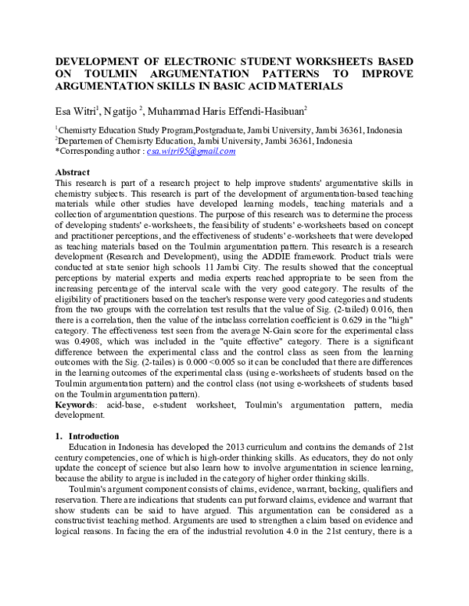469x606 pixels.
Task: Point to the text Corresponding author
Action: point(92,151)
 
